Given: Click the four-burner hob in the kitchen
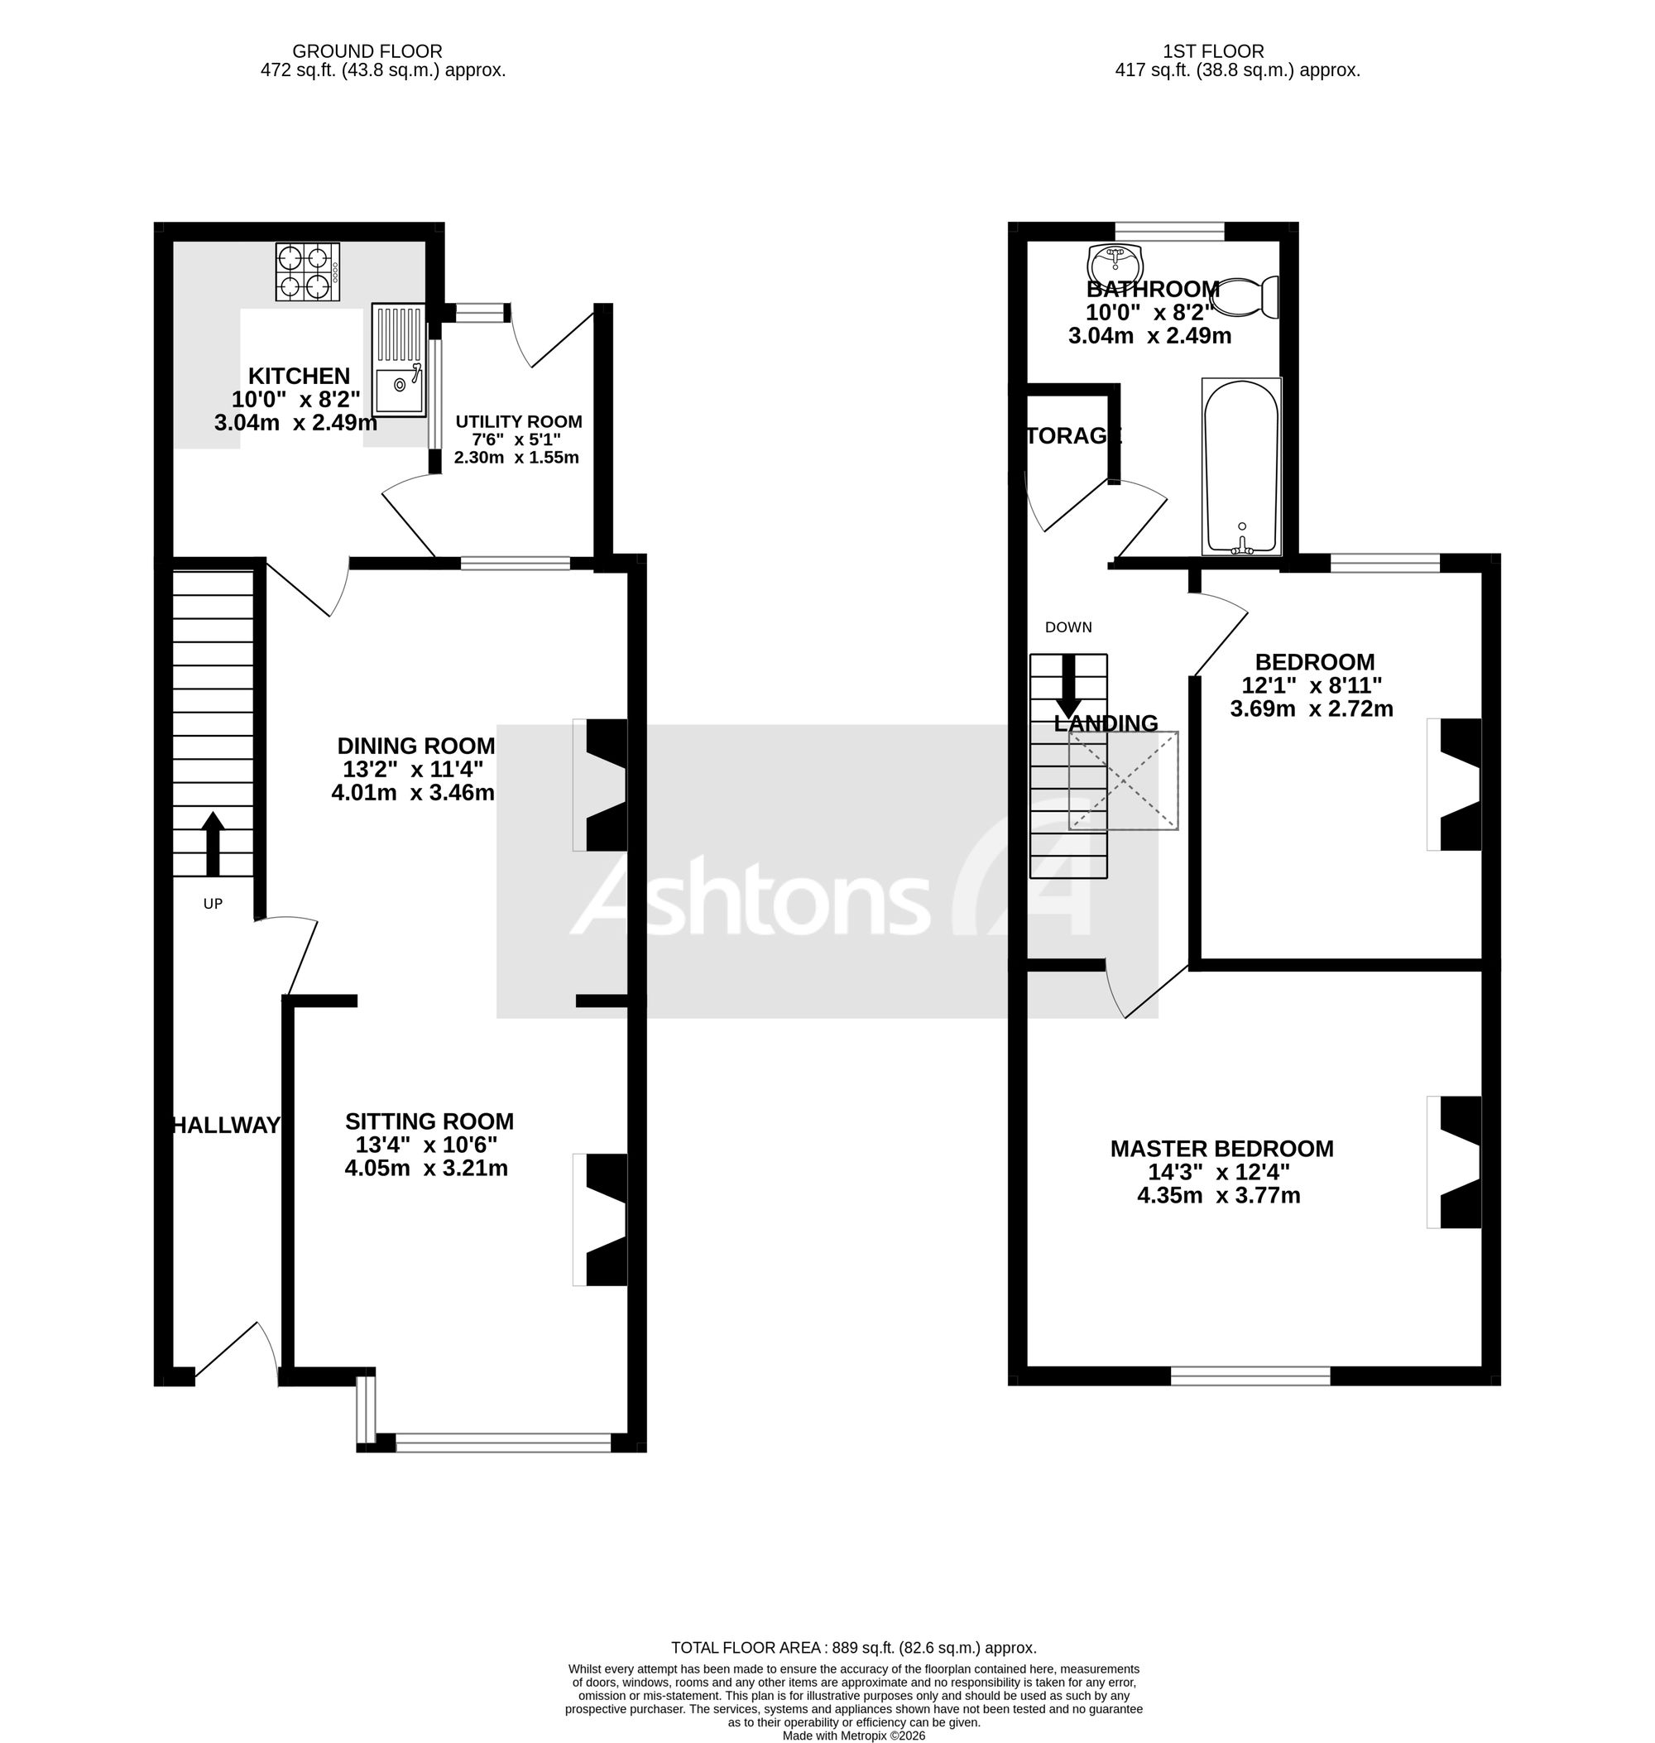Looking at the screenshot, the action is coord(308,272).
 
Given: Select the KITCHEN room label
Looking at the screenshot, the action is coord(299,376).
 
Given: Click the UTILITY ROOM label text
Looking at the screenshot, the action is coord(519,422).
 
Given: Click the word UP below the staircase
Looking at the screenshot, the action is coord(213,904).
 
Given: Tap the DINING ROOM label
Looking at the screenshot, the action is coord(415,746).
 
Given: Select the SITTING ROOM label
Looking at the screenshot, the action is coord(429,1121).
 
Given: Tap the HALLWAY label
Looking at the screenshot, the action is coord(226,1126).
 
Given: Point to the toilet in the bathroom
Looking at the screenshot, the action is coord(1246,297).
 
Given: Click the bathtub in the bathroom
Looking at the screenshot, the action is coord(1241,467).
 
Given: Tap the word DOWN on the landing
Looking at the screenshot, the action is coord(1068,627).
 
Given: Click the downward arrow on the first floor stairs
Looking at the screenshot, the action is coord(1068,686).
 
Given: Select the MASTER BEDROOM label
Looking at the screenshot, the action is coord(1222,1149).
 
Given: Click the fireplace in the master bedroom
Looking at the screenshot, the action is coord(1455,1162).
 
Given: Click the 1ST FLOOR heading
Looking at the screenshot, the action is coord(1213,52).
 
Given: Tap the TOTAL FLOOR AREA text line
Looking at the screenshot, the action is coord(854,1648).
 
